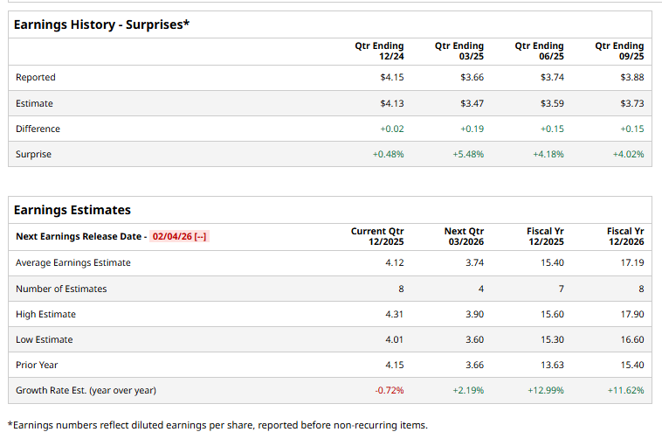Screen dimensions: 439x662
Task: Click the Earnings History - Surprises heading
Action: (101, 24)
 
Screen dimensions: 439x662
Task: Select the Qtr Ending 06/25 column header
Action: (539, 51)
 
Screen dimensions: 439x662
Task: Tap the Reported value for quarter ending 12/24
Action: (391, 78)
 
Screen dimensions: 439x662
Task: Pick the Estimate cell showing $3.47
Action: (472, 103)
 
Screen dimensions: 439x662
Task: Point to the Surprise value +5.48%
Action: (468, 154)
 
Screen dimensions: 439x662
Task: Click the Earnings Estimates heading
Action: (72, 210)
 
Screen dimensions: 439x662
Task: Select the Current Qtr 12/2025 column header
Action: (377, 236)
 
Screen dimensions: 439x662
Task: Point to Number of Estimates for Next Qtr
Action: (480, 289)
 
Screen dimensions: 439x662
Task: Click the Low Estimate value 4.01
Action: (394, 339)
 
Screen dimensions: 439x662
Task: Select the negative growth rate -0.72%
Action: (390, 390)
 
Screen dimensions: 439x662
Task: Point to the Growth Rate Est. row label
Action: (86, 390)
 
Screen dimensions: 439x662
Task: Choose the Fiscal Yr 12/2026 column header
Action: (625, 236)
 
